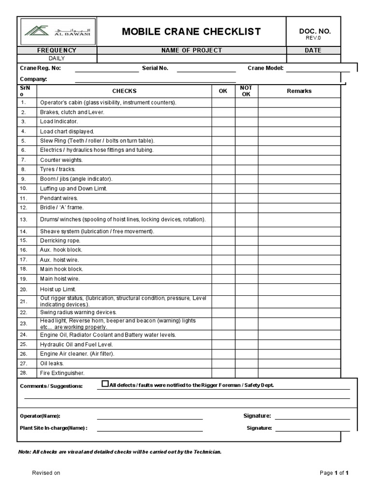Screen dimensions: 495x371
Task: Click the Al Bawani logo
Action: [57, 32]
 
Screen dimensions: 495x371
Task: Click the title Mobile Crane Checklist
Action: [191, 32]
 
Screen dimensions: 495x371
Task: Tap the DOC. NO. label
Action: [314, 31]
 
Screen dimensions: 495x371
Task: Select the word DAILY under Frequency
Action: [57, 58]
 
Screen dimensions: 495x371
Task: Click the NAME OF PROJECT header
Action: [191, 50]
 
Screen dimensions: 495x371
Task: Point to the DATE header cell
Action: [313, 50]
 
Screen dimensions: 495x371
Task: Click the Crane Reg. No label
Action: [40, 68]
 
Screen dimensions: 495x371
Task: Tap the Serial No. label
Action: [155, 68]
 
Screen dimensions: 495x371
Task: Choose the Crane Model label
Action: [265, 68]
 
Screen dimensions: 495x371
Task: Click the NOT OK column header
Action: [246, 91]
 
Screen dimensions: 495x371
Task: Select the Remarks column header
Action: [299, 91]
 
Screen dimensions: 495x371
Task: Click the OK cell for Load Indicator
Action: [223, 121]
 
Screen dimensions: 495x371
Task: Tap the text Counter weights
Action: [61, 160]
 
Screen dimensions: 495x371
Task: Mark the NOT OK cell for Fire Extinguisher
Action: [246, 373]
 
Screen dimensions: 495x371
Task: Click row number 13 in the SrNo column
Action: [24, 219]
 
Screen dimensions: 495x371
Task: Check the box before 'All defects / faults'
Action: [105, 384]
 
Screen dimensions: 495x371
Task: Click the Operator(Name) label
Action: [40, 416]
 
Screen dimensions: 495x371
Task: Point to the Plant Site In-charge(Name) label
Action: [54, 428]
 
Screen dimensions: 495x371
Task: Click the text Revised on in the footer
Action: [46, 473]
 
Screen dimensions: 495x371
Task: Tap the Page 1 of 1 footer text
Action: [334, 473]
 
